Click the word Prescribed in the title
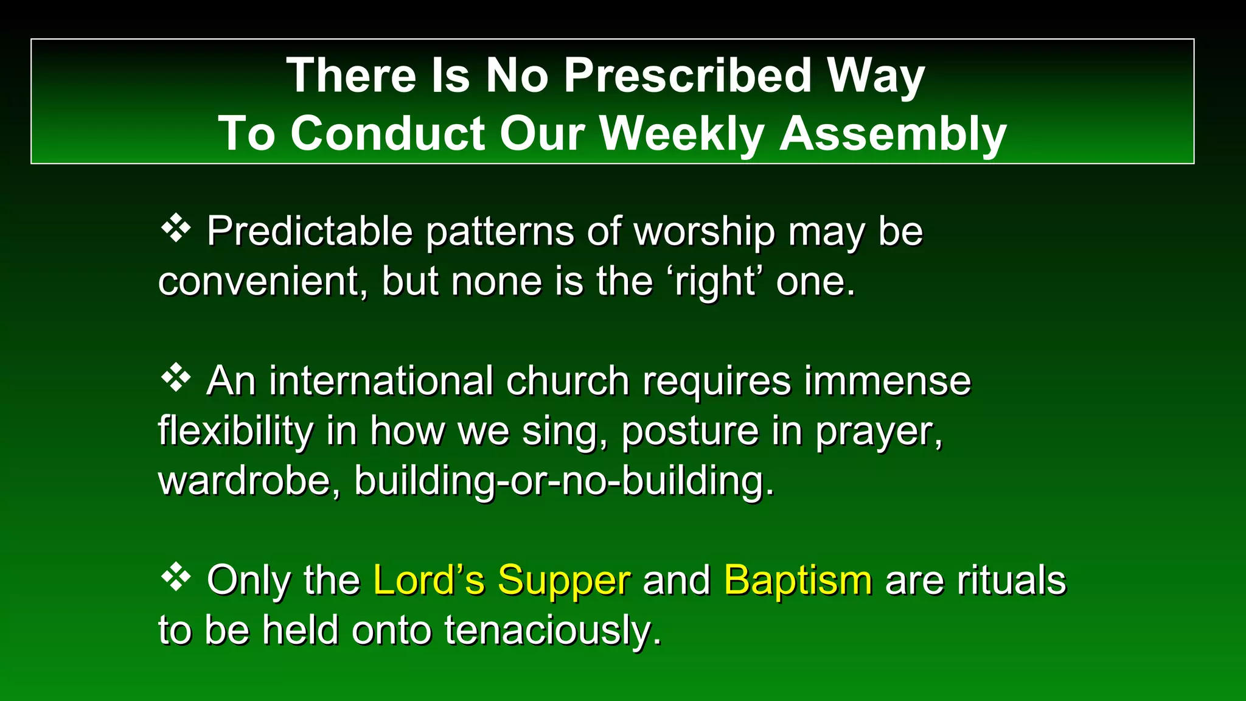(687, 76)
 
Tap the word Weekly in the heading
(682, 134)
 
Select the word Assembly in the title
(893, 134)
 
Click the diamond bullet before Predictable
(176, 229)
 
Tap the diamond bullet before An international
(176, 378)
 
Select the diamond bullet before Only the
(176, 577)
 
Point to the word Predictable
(310, 232)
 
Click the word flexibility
(235, 431)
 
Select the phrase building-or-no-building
(564, 481)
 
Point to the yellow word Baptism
(798, 580)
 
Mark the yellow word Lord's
(429, 580)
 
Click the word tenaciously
(552, 630)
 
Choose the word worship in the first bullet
(705, 232)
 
